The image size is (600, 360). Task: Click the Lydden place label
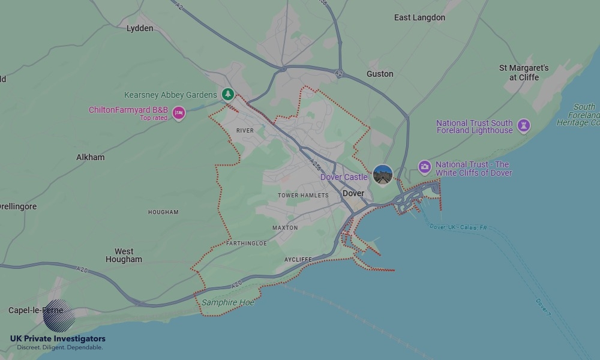pos(140,28)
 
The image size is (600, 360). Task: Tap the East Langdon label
pos(419,17)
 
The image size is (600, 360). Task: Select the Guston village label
pos(380,74)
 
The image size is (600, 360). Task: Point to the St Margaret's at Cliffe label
pos(524,73)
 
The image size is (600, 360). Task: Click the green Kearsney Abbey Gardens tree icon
pos(227,94)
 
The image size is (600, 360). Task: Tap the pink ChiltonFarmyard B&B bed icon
pos(178,112)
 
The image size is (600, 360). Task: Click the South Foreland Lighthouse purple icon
pos(524,125)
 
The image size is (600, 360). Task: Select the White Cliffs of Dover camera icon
pos(425,167)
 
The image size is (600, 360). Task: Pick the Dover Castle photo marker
pos(383,175)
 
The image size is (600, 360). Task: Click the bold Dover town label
pos(353,194)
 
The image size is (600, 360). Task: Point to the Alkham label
pos(90,157)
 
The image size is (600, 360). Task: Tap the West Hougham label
pos(124,256)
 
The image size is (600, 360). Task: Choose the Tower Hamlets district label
pos(303,196)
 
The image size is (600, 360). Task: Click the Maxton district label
pos(285,228)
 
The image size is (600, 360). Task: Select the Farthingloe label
pos(247,244)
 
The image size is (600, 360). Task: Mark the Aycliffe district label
pos(298,260)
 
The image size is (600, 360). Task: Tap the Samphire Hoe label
pos(227,302)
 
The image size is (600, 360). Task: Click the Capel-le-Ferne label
pos(35,310)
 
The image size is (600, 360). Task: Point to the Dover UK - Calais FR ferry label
pos(458,227)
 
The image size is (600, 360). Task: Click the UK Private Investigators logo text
pos(58,339)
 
